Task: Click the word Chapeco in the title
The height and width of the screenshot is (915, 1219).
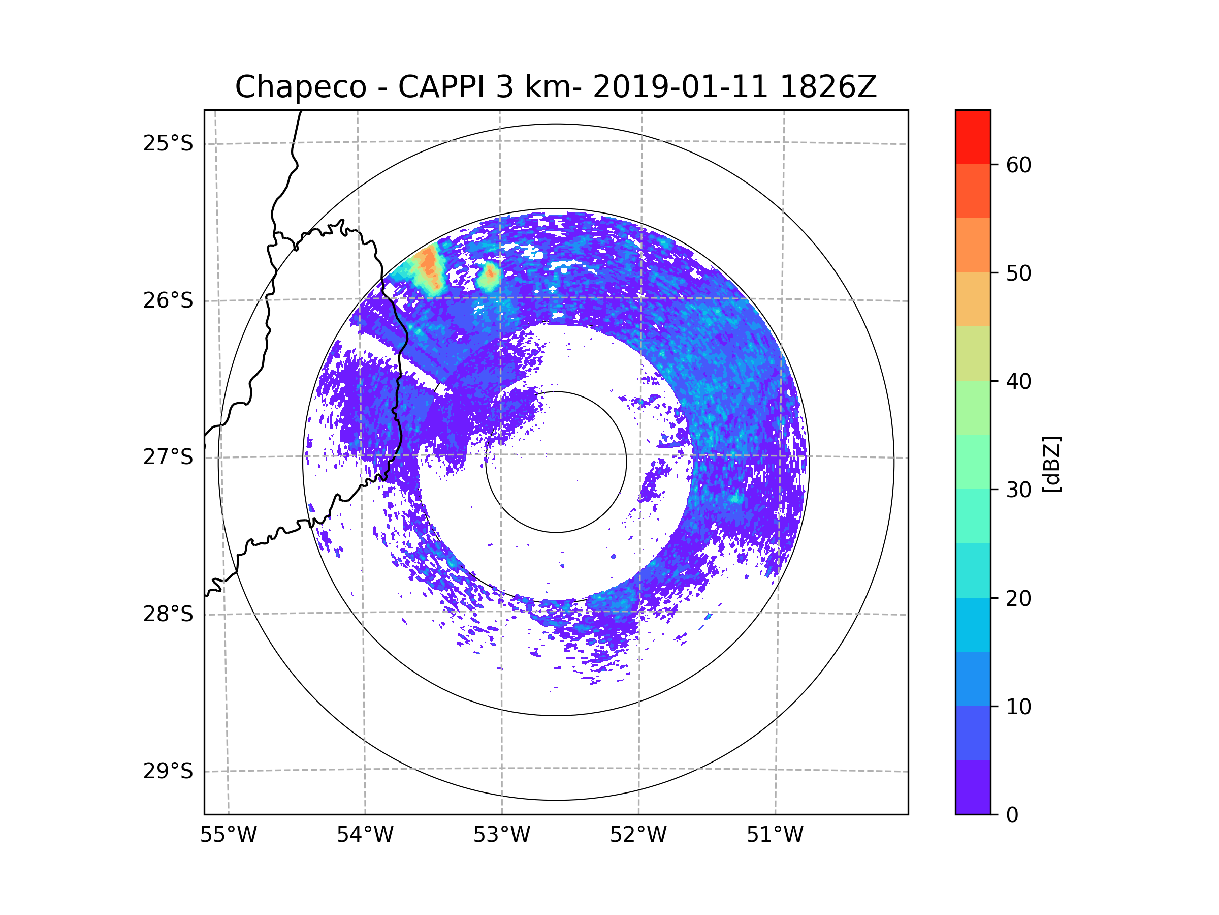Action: pos(300,87)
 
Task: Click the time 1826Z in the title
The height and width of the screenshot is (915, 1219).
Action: pos(828,87)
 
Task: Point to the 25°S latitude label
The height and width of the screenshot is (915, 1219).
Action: pos(168,144)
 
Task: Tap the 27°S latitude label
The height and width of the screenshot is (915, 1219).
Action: pos(168,457)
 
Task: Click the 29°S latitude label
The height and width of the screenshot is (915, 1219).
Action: pos(168,771)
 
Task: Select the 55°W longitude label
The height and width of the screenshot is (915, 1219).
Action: pos(228,835)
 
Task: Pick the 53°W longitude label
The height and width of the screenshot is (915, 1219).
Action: pos(501,835)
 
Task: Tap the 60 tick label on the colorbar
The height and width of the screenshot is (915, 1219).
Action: pos(1018,165)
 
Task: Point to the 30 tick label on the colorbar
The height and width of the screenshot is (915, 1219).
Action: pos(1018,490)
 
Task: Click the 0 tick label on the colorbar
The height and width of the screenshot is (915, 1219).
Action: pos(1012,815)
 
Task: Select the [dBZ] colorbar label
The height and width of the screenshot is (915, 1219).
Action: pos(1051,464)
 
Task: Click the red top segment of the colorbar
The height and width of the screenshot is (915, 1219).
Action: pos(973,137)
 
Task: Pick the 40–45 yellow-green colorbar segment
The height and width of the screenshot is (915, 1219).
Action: pos(973,353)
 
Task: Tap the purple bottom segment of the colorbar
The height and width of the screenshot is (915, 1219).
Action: pos(973,787)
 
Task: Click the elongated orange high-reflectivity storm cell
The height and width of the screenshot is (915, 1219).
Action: pos(428,267)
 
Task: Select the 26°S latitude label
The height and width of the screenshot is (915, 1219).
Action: pos(168,300)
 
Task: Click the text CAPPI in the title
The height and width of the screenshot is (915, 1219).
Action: pos(441,87)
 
